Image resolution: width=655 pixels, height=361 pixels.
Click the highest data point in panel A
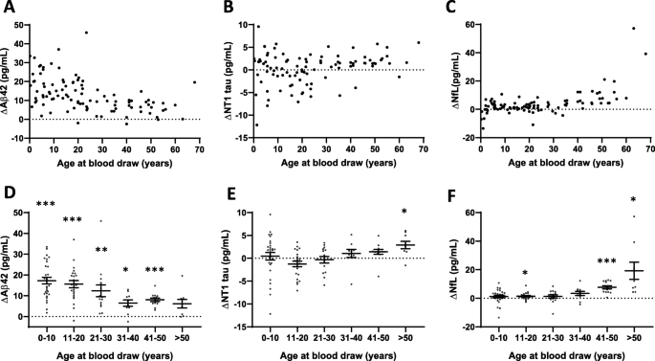tap(86, 33)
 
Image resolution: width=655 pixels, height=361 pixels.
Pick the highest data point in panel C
tap(633, 28)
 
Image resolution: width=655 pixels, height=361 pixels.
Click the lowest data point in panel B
tap(256, 125)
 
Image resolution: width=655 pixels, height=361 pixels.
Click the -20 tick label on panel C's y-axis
tap(460, 138)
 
